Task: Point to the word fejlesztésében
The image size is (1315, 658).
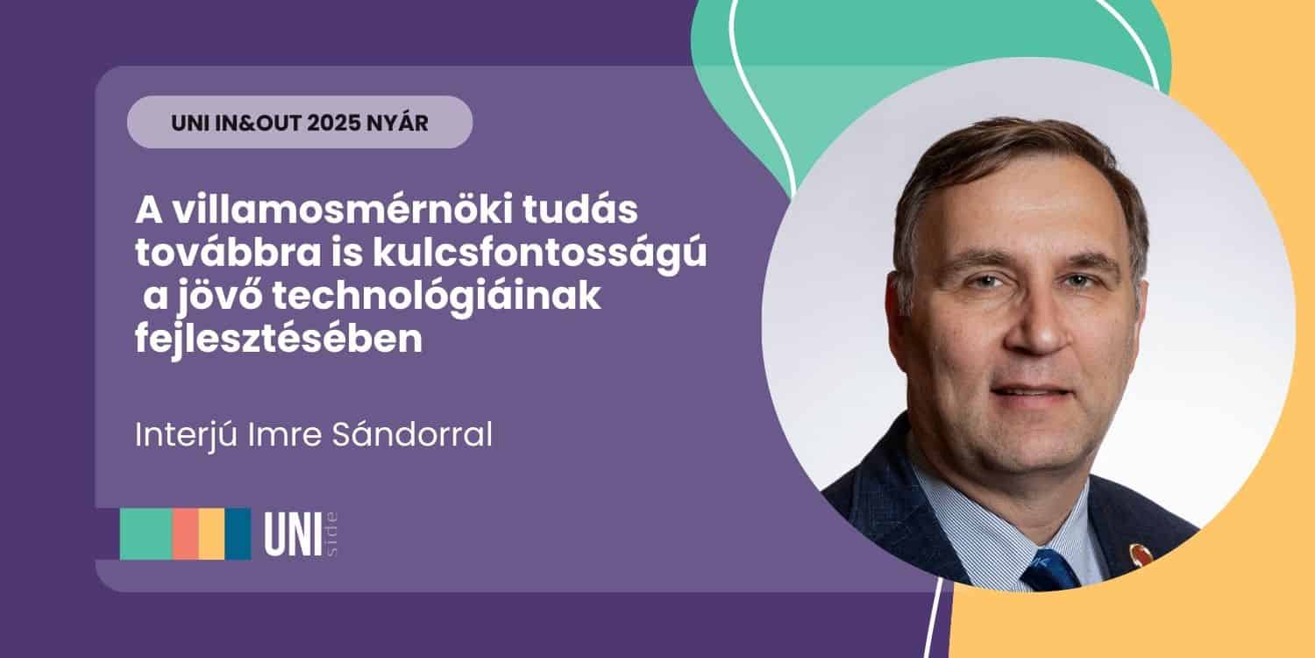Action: [x=279, y=340]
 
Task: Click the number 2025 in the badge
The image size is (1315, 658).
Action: [x=333, y=123]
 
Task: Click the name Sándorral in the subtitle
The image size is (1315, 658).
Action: [x=412, y=434]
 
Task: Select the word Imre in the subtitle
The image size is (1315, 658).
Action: [x=285, y=435]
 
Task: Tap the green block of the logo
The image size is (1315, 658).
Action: [x=146, y=534]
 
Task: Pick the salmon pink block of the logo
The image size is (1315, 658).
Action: [x=186, y=534]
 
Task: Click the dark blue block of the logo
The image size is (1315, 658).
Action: [x=238, y=534]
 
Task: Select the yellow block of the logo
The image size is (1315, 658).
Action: [x=212, y=534]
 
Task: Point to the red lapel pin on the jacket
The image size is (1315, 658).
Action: [x=1140, y=554]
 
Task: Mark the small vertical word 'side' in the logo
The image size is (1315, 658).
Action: [x=331, y=534]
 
